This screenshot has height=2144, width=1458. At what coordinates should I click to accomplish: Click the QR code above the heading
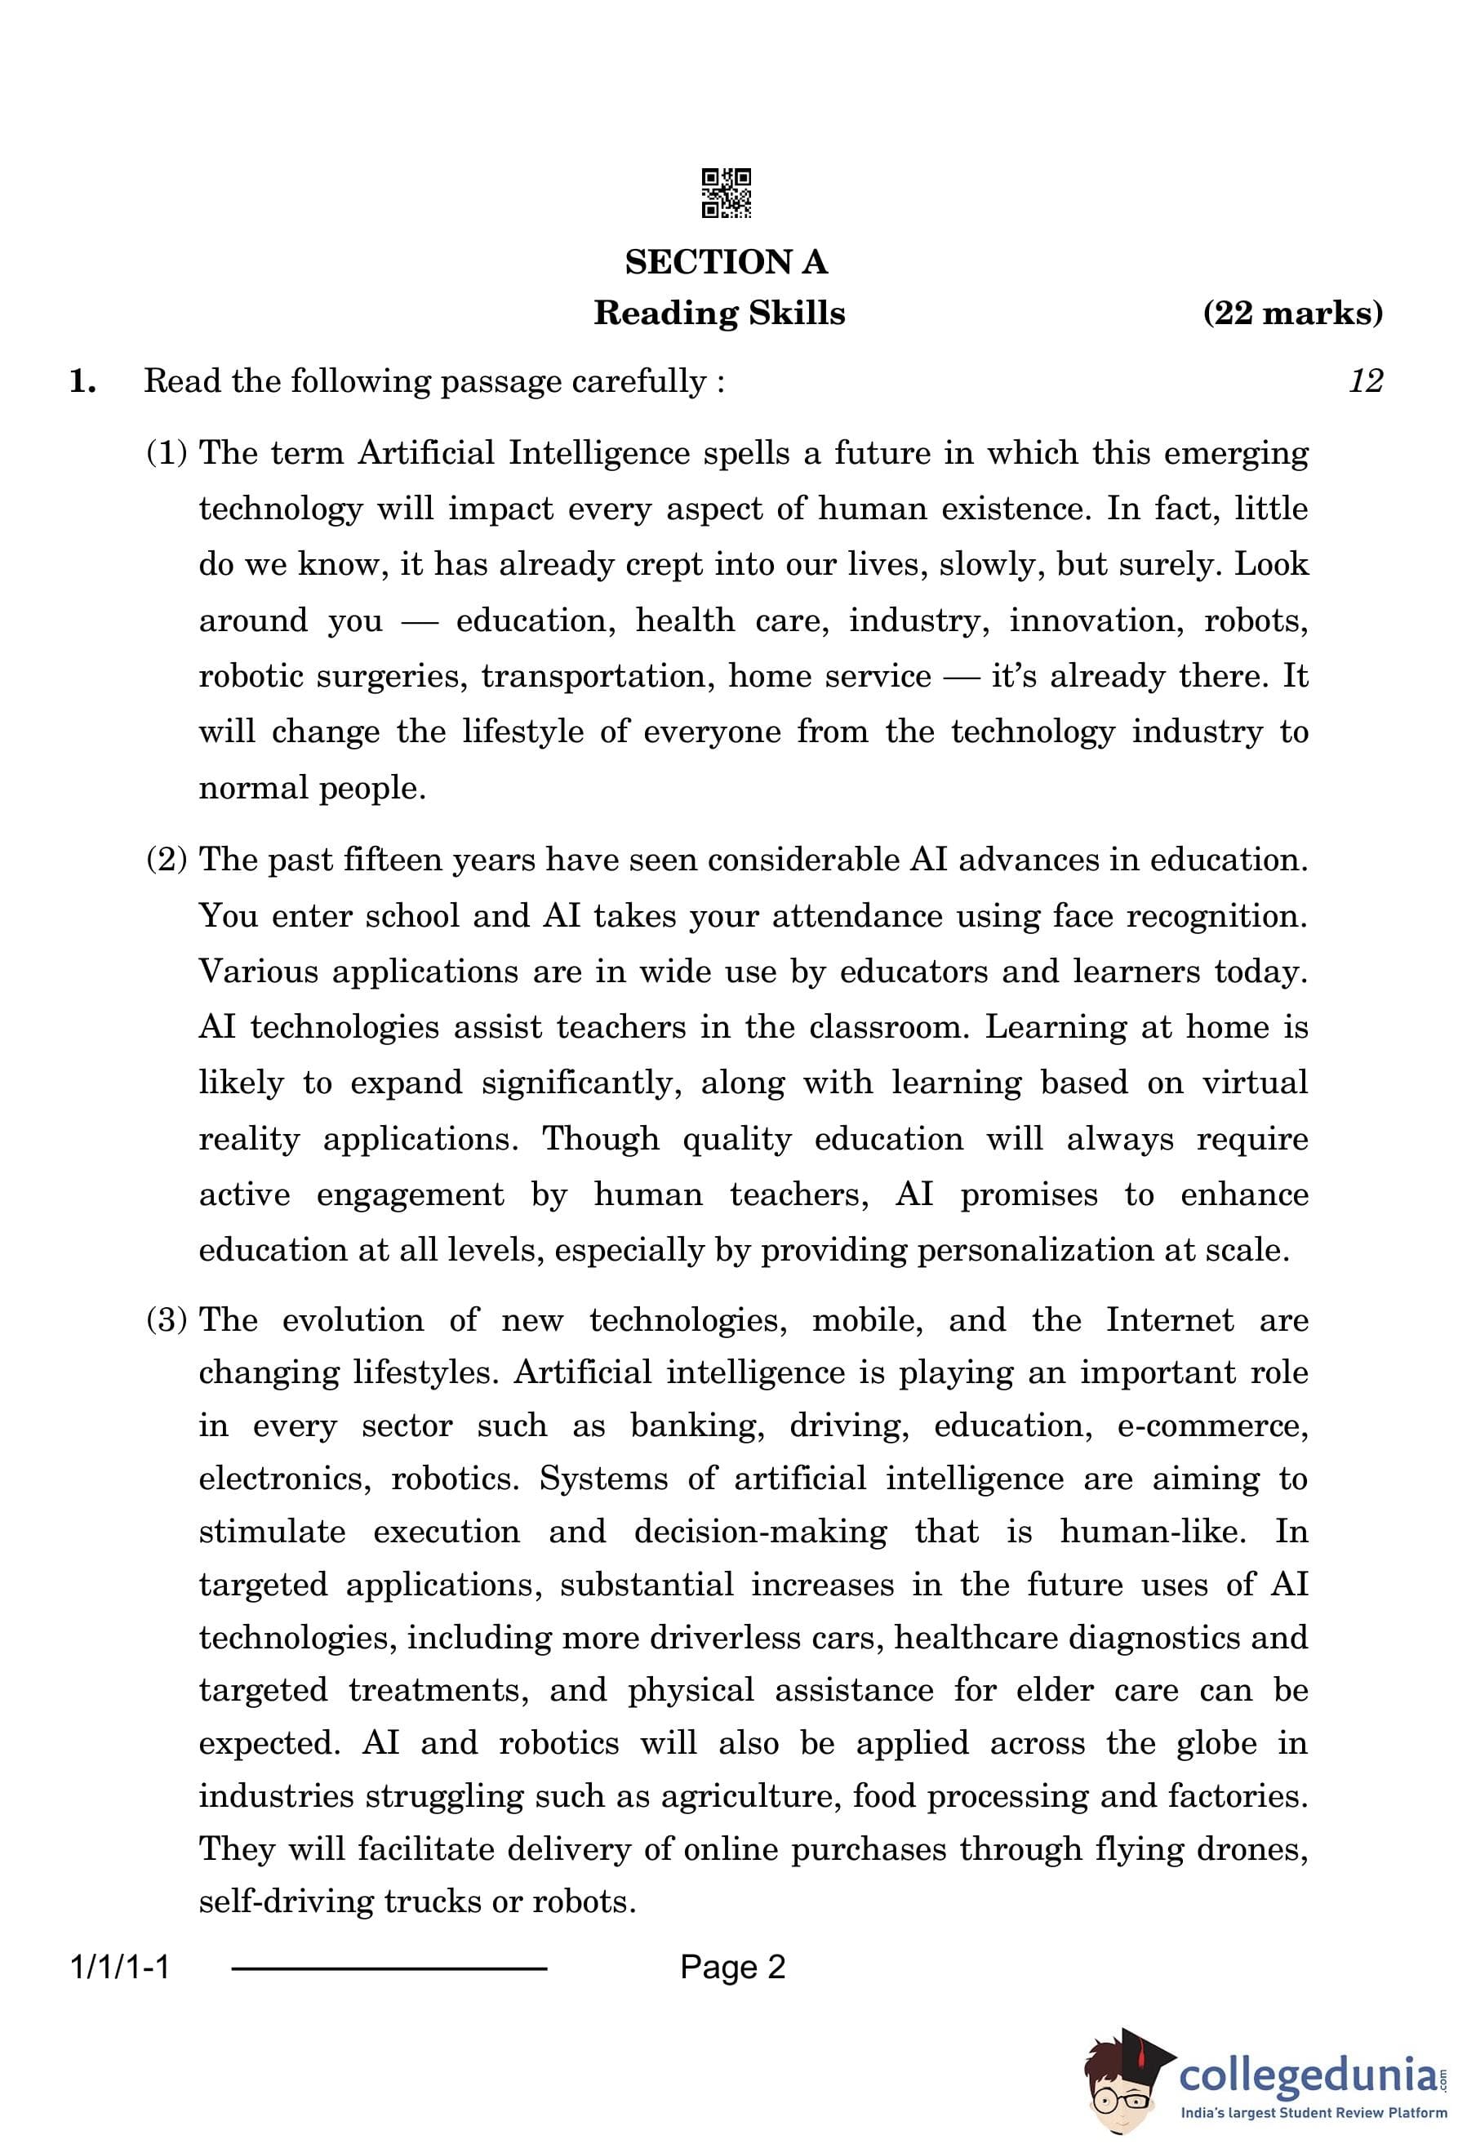[726, 193]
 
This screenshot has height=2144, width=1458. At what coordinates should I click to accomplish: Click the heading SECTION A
[726, 263]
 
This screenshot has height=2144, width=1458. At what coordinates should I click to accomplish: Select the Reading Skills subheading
[718, 314]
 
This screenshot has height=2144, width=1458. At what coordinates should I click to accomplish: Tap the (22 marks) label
[1292, 314]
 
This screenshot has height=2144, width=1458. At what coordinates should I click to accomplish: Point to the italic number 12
[1365, 381]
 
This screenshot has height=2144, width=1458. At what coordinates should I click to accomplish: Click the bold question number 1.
[82, 381]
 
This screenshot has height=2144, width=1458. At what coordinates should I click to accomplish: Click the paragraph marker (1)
[167, 453]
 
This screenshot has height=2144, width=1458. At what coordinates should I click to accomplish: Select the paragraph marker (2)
[167, 860]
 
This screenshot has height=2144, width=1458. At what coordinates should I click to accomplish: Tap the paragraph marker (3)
[167, 1320]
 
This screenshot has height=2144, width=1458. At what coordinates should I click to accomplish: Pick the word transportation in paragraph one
[598, 677]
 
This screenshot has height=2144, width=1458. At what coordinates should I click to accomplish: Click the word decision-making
[760, 1532]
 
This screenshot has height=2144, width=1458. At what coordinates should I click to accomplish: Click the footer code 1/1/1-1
[120, 1968]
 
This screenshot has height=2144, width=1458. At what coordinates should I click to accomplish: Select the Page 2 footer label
[732, 1968]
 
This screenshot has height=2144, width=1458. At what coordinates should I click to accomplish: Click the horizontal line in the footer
[389, 1969]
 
